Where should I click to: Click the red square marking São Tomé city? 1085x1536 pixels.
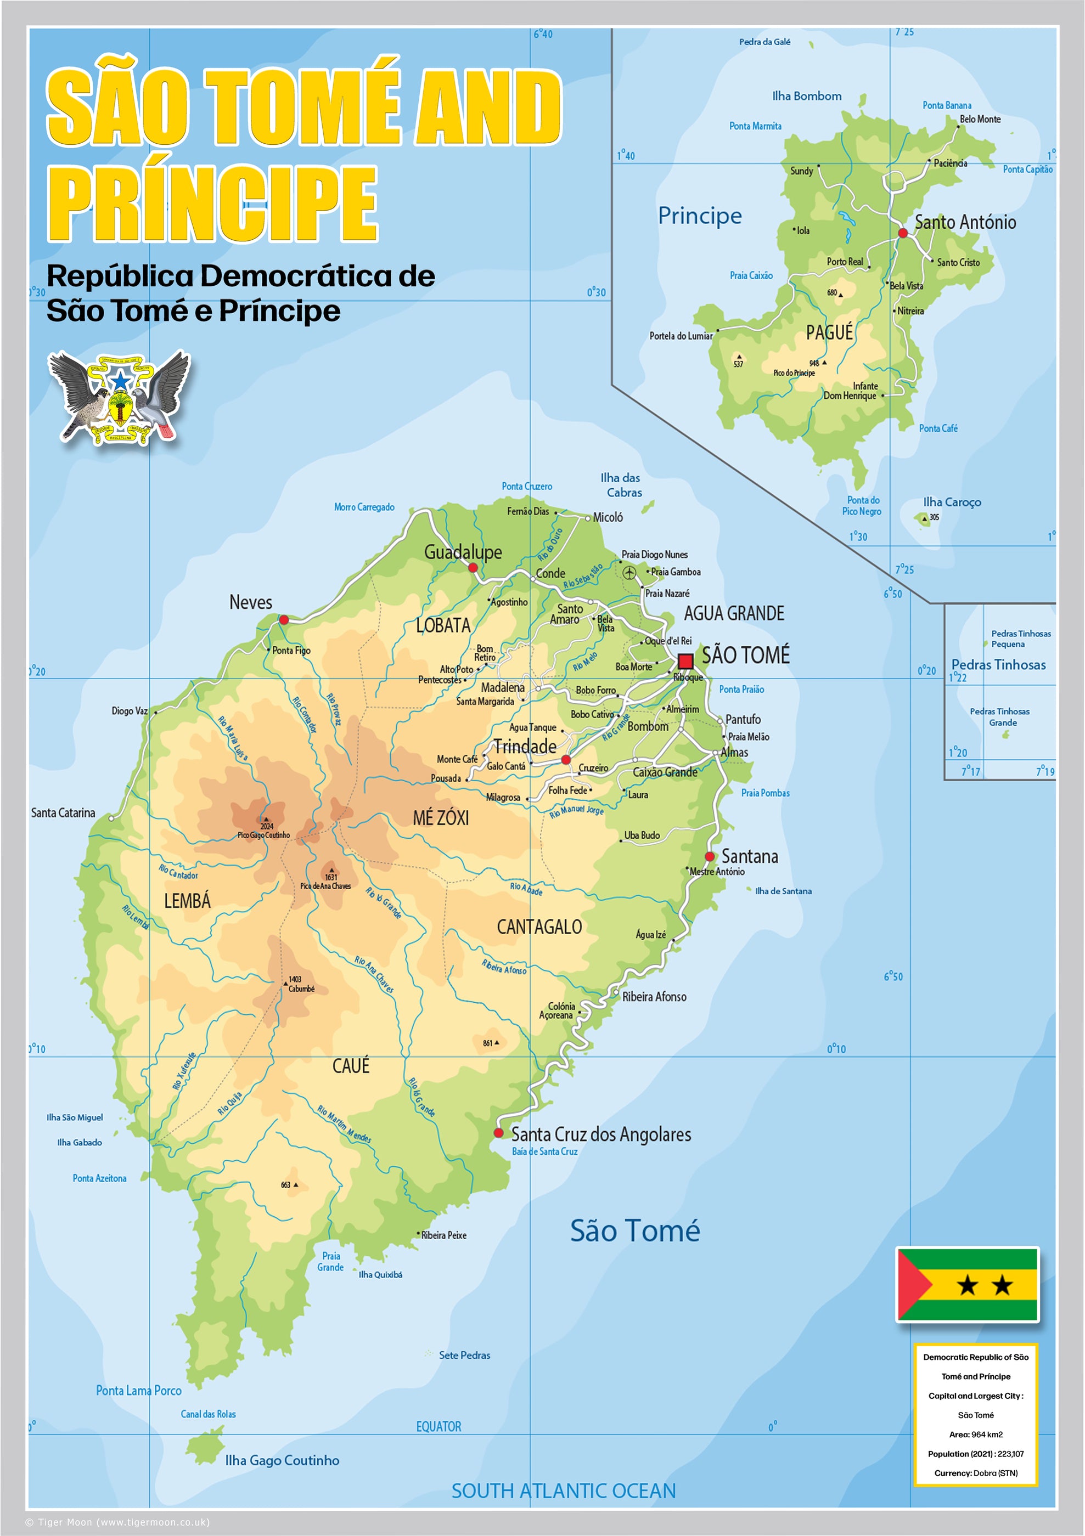pyautogui.click(x=685, y=661)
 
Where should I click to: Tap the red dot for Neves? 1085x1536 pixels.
pyautogui.click(x=284, y=620)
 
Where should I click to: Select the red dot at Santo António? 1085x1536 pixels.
pyautogui.click(x=902, y=233)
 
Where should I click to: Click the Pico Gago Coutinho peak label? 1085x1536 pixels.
pyautogui.click(x=264, y=835)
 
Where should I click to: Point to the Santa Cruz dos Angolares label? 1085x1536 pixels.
pyautogui.click(x=601, y=1134)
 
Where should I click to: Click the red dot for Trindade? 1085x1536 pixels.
pyautogui.click(x=566, y=759)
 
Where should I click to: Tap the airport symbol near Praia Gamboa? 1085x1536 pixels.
pyautogui.click(x=629, y=573)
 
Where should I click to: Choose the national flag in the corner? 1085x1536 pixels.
pyautogui.click(x=967, y=1284)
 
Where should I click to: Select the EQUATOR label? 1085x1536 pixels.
pyautogui.click(x=439, y=1426)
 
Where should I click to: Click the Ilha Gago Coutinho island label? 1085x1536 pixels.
pyautogui.click(x=282, y=1460)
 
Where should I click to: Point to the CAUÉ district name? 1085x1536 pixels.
pyautogui.click(x=351, y=1066)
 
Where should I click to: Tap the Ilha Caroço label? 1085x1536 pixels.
pyautogui.click(x=952, y=502)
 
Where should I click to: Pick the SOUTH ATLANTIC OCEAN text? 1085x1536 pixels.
pyautogui.click(x=563, y=1490)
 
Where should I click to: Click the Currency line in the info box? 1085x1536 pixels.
pyautogui.click(x=975, y=1473)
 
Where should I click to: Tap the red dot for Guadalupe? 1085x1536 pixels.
pyautogui.click(x=473, y=568)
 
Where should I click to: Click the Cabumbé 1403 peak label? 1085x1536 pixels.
pyautogui.click(x=299, y=985)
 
